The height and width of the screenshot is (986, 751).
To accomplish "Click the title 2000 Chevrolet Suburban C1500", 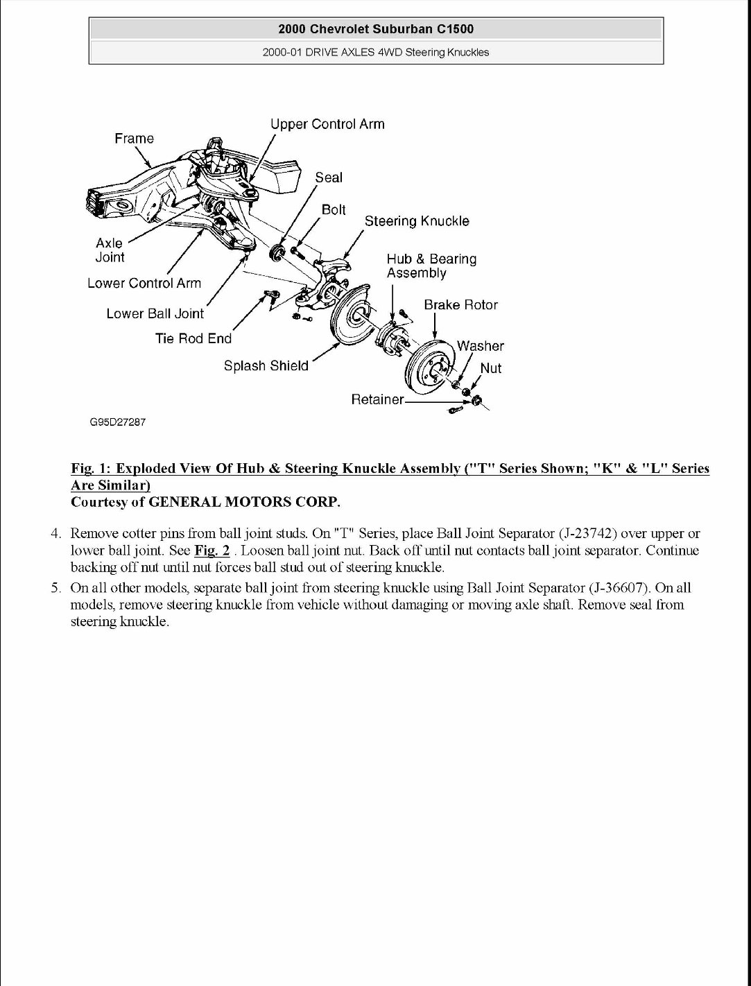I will (376, 29).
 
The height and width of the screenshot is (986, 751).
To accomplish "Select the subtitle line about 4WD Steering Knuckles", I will (376, 52).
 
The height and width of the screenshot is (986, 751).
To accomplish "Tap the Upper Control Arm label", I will (327, 124).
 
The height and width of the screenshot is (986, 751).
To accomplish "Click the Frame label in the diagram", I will (134, 139).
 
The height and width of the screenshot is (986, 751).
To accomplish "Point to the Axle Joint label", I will (110, 250).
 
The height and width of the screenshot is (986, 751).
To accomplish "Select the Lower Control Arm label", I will (144, 283).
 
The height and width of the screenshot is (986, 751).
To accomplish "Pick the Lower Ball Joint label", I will (155, 313).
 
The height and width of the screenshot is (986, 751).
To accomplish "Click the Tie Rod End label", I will (193, 338).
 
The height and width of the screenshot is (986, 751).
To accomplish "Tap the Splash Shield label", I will (266, 365).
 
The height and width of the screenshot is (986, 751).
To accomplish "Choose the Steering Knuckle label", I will (417, 221).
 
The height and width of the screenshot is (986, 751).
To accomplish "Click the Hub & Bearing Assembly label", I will (431, 266).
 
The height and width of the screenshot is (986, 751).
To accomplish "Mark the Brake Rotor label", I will (460, 305).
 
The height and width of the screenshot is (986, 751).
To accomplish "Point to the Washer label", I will (480, 346).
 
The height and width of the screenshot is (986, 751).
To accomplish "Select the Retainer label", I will (377, 400).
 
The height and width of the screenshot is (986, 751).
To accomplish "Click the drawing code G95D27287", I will (117, 422).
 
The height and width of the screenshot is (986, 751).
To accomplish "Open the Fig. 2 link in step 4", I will (212, 551).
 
